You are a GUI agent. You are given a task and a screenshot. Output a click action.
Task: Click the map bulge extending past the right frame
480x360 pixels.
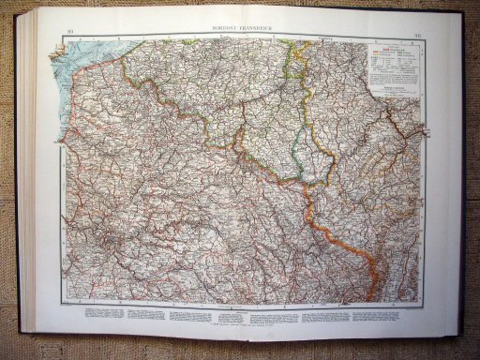pyautogui.click(x=425, y=131)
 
